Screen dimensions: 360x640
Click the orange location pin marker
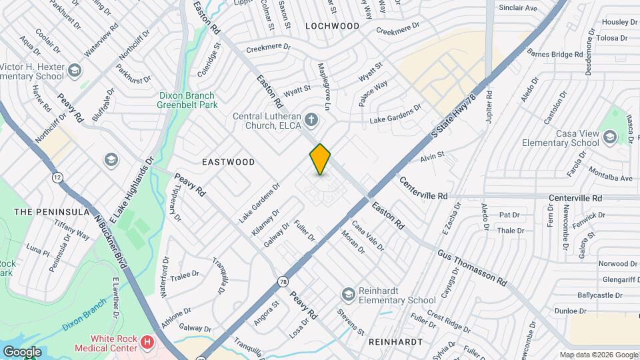click(320, 159)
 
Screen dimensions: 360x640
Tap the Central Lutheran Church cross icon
click(311, 121)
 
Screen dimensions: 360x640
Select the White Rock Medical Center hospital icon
click(147, 343)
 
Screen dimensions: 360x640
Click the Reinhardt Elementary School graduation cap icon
click(347, 294)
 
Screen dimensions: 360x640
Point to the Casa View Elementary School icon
click(609, 137)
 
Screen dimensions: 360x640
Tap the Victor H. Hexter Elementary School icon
click(75, 71)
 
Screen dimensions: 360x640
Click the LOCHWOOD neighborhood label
click(332, 26)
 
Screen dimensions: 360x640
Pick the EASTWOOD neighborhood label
click(229, 162)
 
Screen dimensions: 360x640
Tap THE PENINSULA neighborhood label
click(52, 212)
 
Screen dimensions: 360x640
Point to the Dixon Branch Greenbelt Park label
click(187, 101)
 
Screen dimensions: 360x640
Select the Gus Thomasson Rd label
click(472, 269)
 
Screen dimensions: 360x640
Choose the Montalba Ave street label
click(610, 178)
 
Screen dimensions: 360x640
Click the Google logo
click(21, 351)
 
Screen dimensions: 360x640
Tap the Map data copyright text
click(598, 355)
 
